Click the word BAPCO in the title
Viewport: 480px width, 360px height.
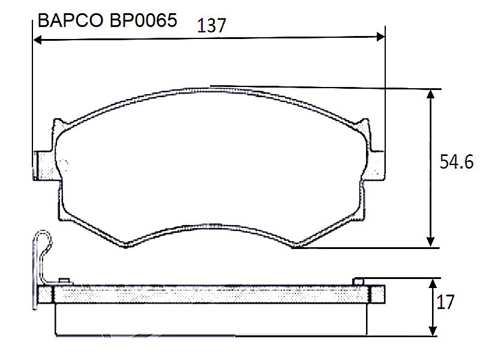pyautogui.click(x=70, y=21)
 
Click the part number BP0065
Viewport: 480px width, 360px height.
pyautogui.click(x=143, y=21)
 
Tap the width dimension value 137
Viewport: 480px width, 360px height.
pyautogui.click(x=211, y=25)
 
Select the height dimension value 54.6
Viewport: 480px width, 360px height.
pyautogui.click(x=457, y=161)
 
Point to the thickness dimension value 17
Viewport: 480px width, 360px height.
pyautogui.click(x=445, y=302)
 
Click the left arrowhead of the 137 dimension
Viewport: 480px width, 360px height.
pyautogui.click(x=37, y=40)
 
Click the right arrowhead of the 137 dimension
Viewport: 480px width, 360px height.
pyautogui.click(x=380, y=37)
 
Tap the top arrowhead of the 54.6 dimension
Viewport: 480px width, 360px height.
pyautogui.click(x=431, y=94)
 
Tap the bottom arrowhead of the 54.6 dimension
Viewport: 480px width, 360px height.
pyautogui.click(x=431, y=242)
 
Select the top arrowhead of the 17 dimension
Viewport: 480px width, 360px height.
pyautogui.click(x=433, y=284)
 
